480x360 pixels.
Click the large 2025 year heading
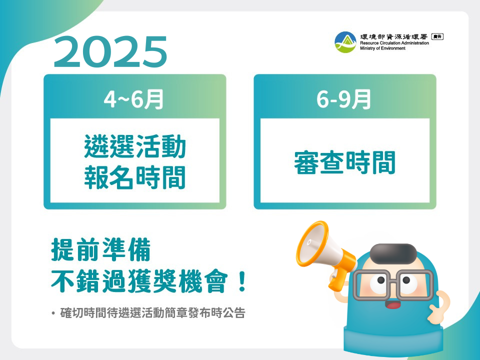tap(110, 51)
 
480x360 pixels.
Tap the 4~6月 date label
tap(133, 99)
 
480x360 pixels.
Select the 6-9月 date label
tap(343, 99)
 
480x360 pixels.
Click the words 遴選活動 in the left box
tap(135, 146)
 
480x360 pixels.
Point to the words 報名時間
tap(135, 177)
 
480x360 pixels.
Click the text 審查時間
tap(344, 162)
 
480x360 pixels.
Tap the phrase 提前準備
tap(100, 250)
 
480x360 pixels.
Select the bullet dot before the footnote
tap(53, 313)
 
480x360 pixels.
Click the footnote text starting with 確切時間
tap(153, 313)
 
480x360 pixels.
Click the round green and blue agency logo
tap(345, 42)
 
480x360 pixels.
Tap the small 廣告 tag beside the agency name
tap(437, 36)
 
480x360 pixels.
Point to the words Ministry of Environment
tap(382, 48)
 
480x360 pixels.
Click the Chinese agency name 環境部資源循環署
tap(393, 36)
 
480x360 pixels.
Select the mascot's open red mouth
tap(393, 304)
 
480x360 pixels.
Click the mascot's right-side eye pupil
tap(406, 280)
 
